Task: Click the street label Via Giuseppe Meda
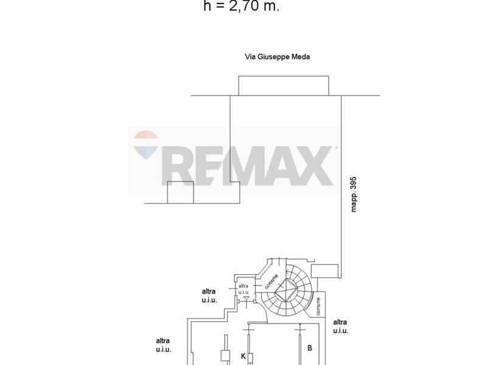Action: point(278,57)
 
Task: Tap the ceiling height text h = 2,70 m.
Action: point(241,6)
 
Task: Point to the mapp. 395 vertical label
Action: point(354,195)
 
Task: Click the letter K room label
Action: point(243,356)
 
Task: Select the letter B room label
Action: point(309,348)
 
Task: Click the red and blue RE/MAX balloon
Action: point(145,145)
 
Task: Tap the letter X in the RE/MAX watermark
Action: point(314,166)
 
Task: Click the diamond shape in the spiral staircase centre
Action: point(286,290)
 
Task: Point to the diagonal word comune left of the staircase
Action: point(272,282)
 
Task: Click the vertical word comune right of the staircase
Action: point(318,307)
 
